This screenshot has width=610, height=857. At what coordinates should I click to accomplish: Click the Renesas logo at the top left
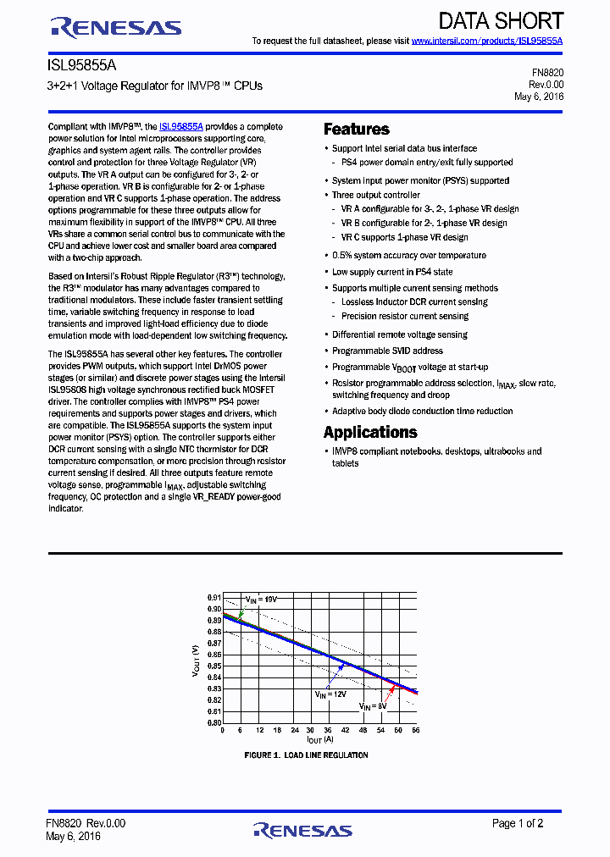pyautogui.click(x=116, y=27)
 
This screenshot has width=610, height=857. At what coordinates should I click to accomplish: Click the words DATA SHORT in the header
pyautogui.click(x=501, y=21)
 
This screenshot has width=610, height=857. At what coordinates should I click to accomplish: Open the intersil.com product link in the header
pyautogui.click(x=487, y=41)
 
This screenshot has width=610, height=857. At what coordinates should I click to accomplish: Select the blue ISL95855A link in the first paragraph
pyautogui.click(x=181, y=125)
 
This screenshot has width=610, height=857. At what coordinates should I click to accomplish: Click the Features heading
pyautogui.click(x=357, y=130)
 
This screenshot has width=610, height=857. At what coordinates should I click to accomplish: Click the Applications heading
pyautogui.click(x=370, y=432)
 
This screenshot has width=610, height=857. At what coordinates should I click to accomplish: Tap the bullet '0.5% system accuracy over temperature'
pyautogui.click(x=408, y=255)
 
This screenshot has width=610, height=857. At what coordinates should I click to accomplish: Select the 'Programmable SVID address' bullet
pyautogui.click(x=387, y=351)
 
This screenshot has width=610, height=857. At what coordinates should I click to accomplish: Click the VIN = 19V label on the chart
pyautogui.click(x=261, y=599)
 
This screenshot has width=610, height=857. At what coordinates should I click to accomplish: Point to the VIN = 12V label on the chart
pyautogui.click(x=331, y=694)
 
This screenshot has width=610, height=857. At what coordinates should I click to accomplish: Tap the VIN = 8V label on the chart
pyautogui.click(x=372, y=705)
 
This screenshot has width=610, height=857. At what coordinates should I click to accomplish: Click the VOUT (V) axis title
pyautogui.click(x=196, y=661)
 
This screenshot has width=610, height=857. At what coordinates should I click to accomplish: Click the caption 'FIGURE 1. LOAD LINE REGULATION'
pyautogui.click(x=306, y=755)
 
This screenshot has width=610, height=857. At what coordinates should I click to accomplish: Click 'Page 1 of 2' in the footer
pyautogui.click(x=518, y=823)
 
